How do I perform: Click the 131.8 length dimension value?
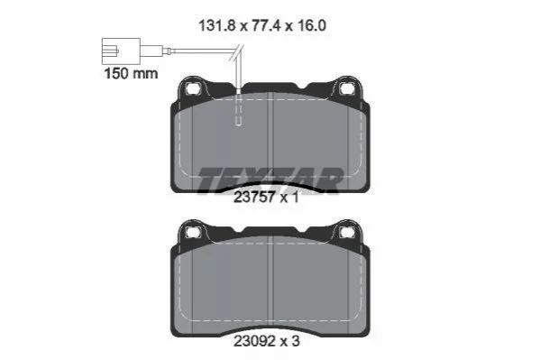pyautogui.click(x=218, y=26)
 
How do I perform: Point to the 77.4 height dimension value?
pyautogui.click(x=266, y=26)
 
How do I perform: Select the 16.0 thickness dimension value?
pyautogui.click(x=311, y=26)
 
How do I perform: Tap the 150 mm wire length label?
pyautogui.click(x=131, y=73)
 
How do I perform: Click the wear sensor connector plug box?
pyautogui.click(x=121, y=51)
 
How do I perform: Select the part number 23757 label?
pyautogui.click(x=254, y=198)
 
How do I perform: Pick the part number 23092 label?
pyautogui.click(x=254, y=341)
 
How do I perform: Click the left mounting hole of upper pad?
pyautogui.click(x=192, y=89)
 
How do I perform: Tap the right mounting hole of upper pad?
pyautogui.click(x=346, y=89)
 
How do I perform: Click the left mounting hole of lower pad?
pyautogui.click(x=192, y=233)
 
